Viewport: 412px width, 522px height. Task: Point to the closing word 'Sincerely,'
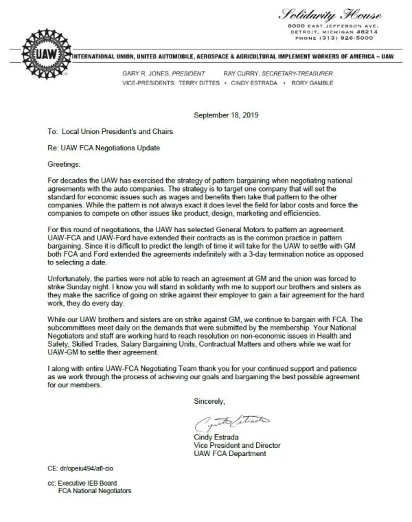pos(209,400)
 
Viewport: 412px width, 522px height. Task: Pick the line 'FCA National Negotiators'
pos(95,492)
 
